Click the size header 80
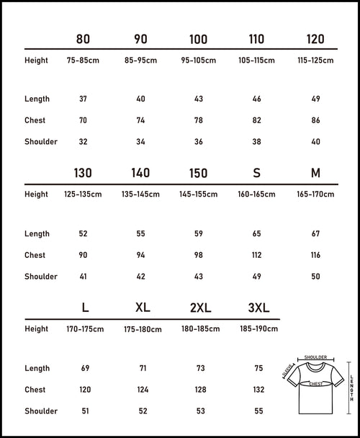click(x=83, y=39)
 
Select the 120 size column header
click(x=315, y=39)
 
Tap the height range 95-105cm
click(x=198, y=61)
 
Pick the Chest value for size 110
click(x=256, y=120)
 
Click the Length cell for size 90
click(x=140, y=99)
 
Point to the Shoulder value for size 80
click(x=83, y=142)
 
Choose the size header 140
click(x=140, y=174)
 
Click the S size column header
click(x=256, y=174)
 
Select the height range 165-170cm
click(x=315, y=195)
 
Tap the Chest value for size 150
click(x=198, y=255)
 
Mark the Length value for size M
click(x=315, y=233)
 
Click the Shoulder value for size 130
click(x=83, y=277)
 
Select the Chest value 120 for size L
click(x=85, y=390)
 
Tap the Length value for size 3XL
click(x=258, y=368)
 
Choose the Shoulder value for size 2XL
click(x=200, y=411)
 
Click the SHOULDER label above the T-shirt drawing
click(x=316, y=357)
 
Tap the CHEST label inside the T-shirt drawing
click(x=316, y=385)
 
